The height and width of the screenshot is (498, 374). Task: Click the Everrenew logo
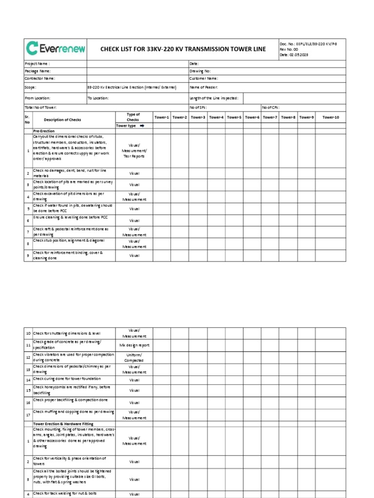pyautogui.click(x=56, y=48)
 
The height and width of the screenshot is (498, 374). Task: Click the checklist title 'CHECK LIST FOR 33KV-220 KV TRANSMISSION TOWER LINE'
pyautogui.click(x=183, y=49)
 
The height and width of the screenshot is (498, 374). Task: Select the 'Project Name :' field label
pyautogui.click(x=37, y=64)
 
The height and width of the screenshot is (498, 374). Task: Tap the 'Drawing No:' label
pyautogui.click(x=200, y=71)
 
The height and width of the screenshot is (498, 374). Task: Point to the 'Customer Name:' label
pyautogui.click(x=204, y=78)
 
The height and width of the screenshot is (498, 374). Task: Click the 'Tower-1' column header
pyautogui.click(x=162, y=117)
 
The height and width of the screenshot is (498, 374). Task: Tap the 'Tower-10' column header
pyautogui.click(x=331, y=117)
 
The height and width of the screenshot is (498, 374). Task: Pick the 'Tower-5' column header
pyautogui.click(x=234, y=117)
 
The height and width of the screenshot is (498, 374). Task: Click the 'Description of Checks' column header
pyautogui.click(x=62, y=120)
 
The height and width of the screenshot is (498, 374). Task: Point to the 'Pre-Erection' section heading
pyautogui.click(x=44, y=131)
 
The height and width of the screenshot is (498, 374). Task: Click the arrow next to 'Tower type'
pyautogui.click(x=143, y=125)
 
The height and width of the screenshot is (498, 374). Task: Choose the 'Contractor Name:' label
pyautogui.click(x=40, y=78)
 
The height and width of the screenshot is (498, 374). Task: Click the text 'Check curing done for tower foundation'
pyautogui.click(x=67, y=378)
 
